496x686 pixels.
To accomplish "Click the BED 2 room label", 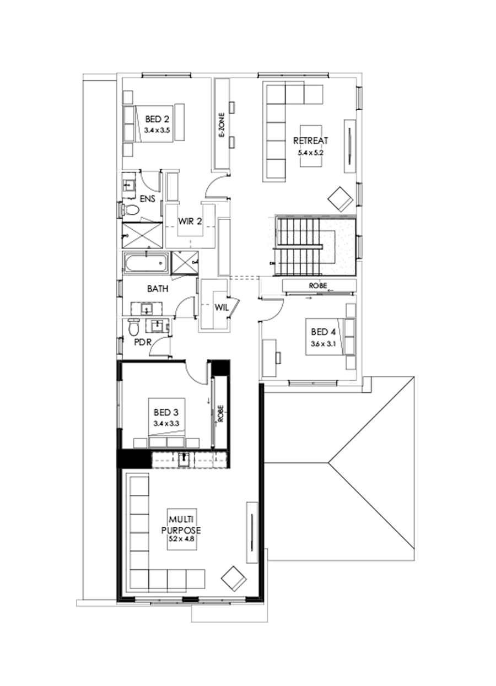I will (154, 119).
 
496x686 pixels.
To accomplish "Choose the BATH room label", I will (157, 288).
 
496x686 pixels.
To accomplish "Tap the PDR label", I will (142, 341).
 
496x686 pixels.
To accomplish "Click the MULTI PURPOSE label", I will (184, 524).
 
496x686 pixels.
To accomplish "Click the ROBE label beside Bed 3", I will (220, 414).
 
